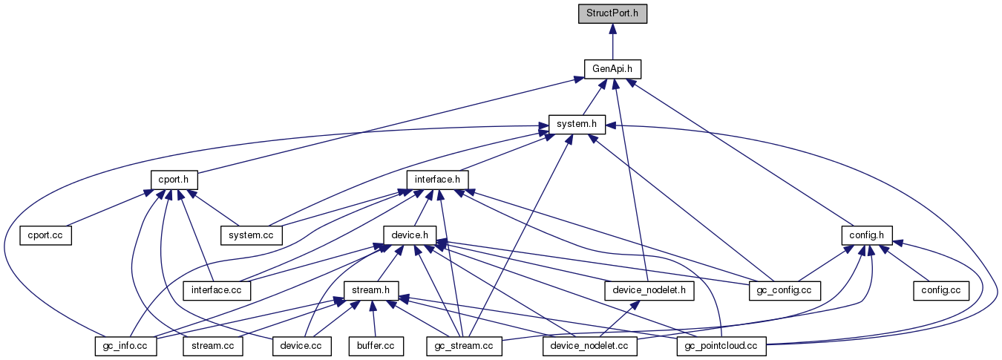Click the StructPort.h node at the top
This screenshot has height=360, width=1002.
pos(612,13)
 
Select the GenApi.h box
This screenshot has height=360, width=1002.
pos(612,69)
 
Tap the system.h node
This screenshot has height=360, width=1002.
pos(577,124)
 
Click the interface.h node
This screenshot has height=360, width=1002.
pos(437,179)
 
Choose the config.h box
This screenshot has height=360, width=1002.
pos(866,235)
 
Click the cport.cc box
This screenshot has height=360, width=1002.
pos(46,235)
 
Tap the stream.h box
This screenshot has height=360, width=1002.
pos(371,289)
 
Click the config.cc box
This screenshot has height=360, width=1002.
pos(941,289)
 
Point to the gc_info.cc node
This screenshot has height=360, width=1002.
pos(125,345)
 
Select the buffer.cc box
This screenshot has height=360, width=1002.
pos(376,345)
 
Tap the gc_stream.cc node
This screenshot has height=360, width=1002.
pos(465,345)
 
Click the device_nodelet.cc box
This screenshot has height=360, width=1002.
pos(590,345)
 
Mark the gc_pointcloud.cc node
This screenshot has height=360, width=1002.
pos(722,345)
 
